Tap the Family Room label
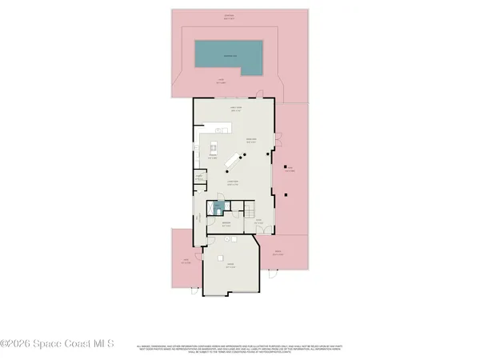click(x=236, y=109)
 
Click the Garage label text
click(x=230, y=265)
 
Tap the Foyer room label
click(x=258, y=222)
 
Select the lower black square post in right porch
click(x=286, y=194)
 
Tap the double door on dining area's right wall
click(x=275, y=139)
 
